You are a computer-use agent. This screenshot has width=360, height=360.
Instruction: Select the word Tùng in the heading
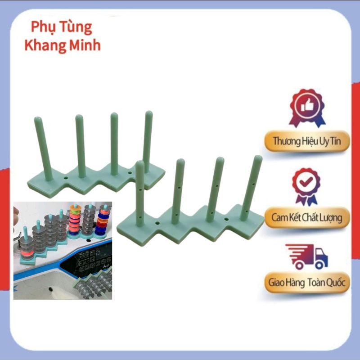click(76, 27)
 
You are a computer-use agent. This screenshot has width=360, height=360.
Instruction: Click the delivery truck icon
click(307, 256)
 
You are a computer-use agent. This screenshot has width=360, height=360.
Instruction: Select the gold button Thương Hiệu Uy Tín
click(307, 141)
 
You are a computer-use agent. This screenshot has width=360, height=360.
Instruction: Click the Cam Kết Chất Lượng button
click(307, 217)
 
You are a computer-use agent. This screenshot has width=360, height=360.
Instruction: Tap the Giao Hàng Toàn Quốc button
click(307, 282)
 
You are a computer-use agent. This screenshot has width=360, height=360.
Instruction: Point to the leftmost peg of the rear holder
click(43, 148)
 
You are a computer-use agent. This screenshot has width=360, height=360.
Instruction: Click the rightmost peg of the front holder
click(251, 188)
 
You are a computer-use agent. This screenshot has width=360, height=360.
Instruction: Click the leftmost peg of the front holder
click(140, 193)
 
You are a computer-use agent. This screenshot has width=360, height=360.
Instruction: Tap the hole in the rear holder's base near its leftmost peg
click(66, 178)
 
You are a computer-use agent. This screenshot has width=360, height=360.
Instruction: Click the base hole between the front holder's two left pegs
click(157, 223)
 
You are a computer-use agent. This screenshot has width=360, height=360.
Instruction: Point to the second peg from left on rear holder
click(81, 146)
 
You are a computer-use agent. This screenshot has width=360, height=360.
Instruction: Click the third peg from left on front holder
click(215, 189)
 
